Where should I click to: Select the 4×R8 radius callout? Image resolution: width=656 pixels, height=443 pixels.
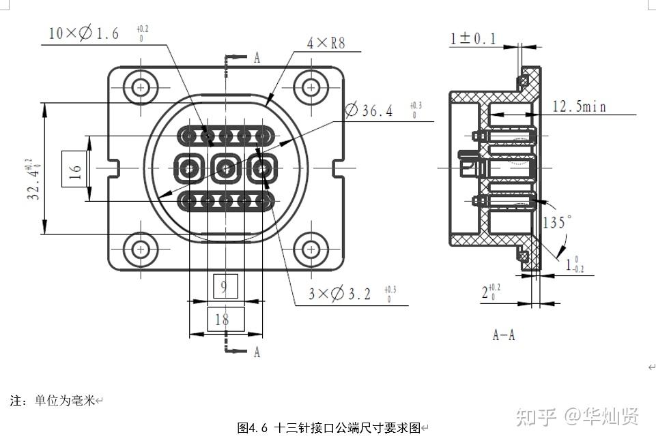(326, 44)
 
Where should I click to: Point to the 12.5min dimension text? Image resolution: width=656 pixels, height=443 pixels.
(579, 106)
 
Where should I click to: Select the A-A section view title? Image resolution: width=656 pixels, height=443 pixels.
(504, 335)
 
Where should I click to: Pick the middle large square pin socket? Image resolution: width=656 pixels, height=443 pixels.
(225, 167)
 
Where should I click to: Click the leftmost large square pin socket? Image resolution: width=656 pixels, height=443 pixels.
(189, 167)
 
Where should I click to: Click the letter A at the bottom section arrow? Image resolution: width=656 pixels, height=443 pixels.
(257, 352)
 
